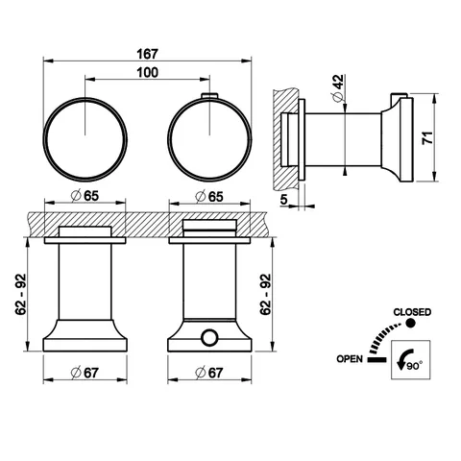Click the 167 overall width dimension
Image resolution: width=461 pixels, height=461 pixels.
click(148, 54)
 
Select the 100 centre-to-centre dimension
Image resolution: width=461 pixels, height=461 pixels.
click(148, 73)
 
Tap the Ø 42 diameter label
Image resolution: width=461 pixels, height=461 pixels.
click(338, 88)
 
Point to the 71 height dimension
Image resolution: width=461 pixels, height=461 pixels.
click(427, 137)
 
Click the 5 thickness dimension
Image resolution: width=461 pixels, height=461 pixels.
click(284, 200)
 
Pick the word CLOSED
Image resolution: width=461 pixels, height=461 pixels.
click(412, 312)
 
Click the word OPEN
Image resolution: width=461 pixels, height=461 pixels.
click(350, 359)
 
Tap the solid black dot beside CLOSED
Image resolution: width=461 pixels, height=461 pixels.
click(410, 324)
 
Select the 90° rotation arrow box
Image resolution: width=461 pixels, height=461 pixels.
click(411, 360)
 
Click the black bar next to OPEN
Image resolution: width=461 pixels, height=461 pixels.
click(376, 359)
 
